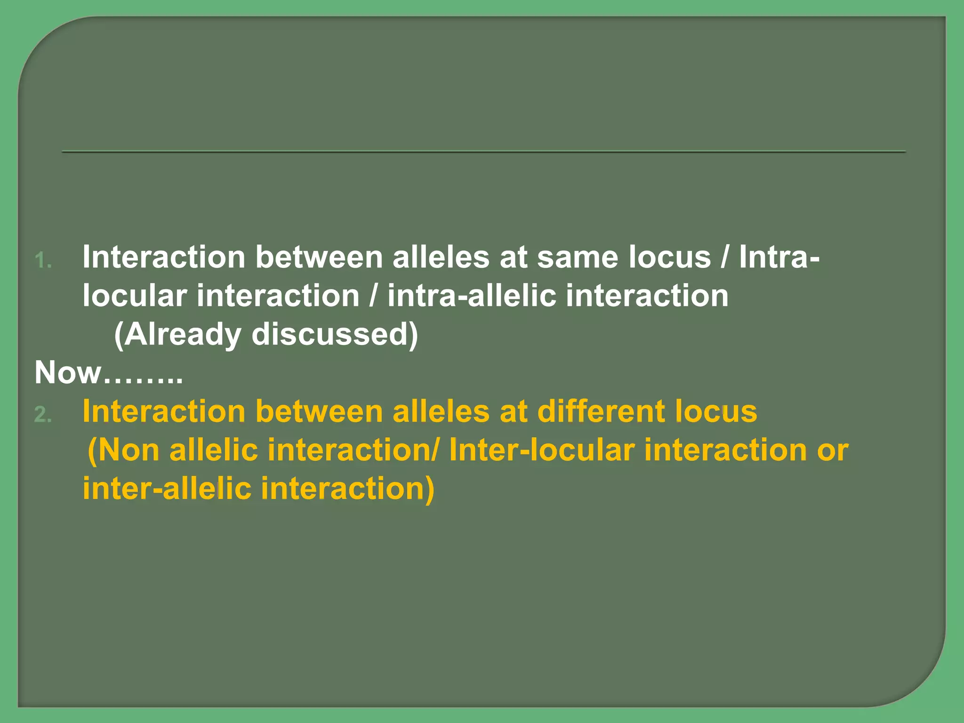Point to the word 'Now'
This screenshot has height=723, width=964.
[68, 373]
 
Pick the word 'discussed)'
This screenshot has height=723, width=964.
[335, 335]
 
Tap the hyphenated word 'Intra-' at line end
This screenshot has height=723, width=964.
[779, 257]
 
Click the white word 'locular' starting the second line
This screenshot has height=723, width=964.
[135, 296]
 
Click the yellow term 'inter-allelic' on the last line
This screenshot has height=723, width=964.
[167, 489]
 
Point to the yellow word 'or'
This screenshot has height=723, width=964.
[833, 450]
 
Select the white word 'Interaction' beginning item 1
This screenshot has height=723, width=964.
[164, 257]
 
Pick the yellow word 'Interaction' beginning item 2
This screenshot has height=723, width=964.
[164, 411]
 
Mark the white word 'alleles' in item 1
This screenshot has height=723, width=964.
[441, 257]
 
